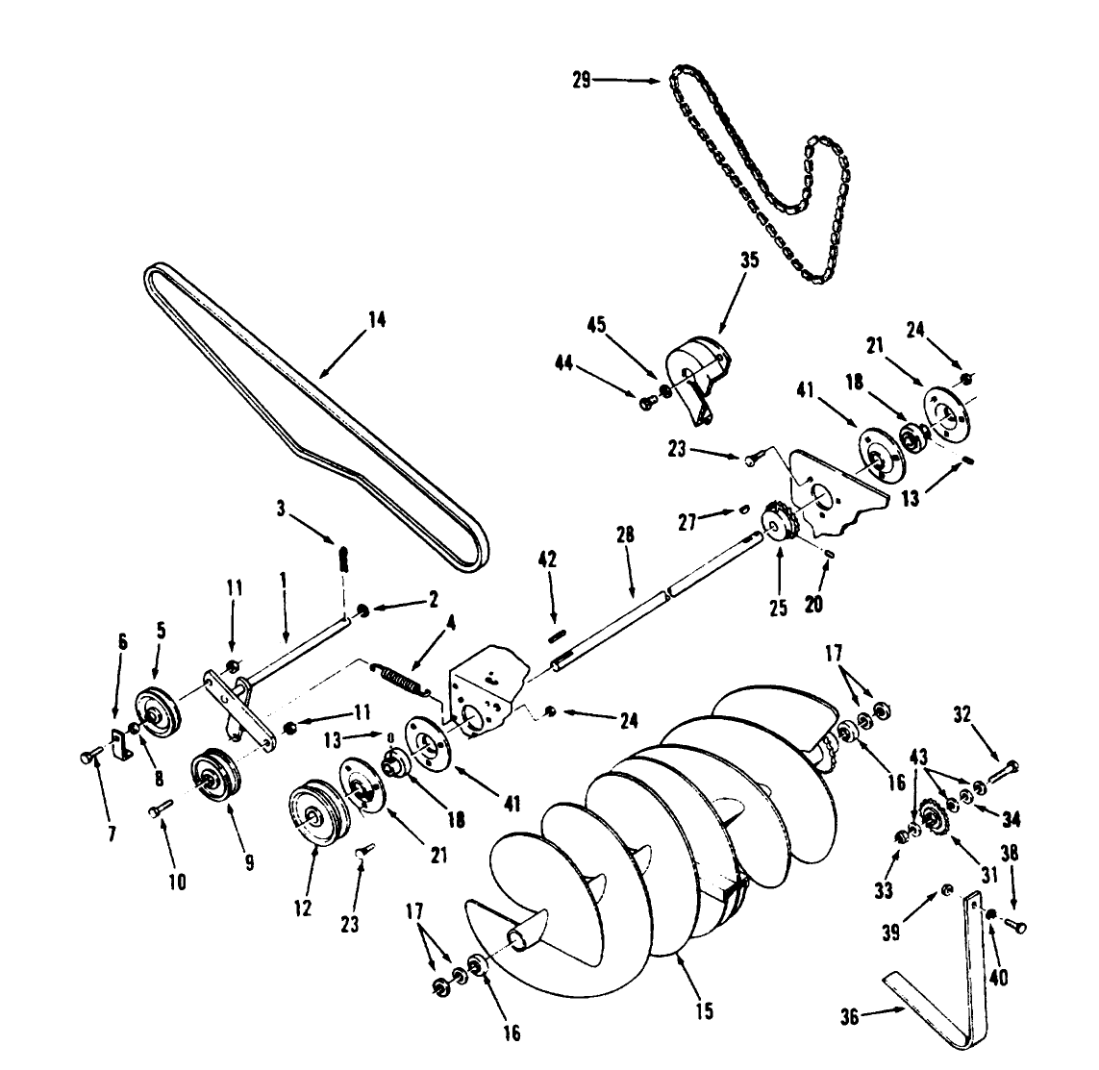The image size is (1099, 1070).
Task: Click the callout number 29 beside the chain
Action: click(581, 81)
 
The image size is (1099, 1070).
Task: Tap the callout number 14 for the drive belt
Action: click(377, 320)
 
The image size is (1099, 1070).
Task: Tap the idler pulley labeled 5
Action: click(157, 710)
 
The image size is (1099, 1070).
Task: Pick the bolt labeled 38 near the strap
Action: click(1016, 926)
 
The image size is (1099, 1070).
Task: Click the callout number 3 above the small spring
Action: click(281, 510)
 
